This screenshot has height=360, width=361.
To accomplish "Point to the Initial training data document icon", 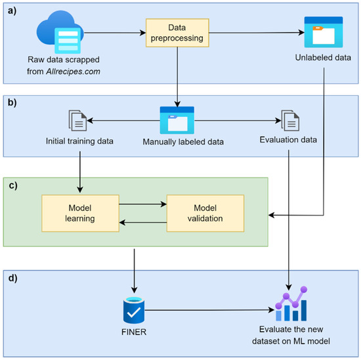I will click(x=78, y=120).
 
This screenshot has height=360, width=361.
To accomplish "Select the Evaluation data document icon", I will click(x=290, y=120).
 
